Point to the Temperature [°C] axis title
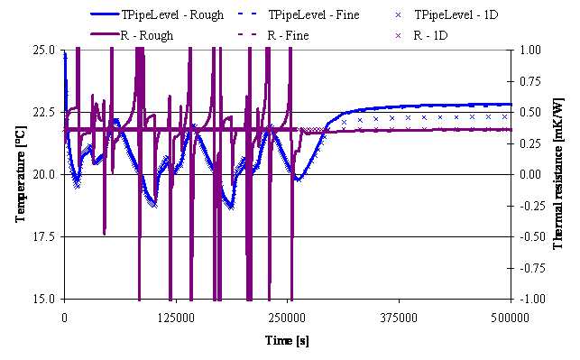pos(21,174)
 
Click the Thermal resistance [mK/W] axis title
pos(558,174)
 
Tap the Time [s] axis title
pos(287,340)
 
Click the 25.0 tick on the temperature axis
pos(44,50)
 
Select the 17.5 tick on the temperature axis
pos(44,236)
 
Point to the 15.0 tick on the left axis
pos(44,299)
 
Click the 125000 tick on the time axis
pos(176,318)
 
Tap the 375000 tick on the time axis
pos(399,318)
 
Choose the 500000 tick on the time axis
pos(511,318)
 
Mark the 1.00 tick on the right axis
pos(530,50)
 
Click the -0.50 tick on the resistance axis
pos(530,236)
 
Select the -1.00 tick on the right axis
pos(530,299)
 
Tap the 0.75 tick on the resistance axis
pos(530,81)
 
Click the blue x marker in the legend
pos(399,15)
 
